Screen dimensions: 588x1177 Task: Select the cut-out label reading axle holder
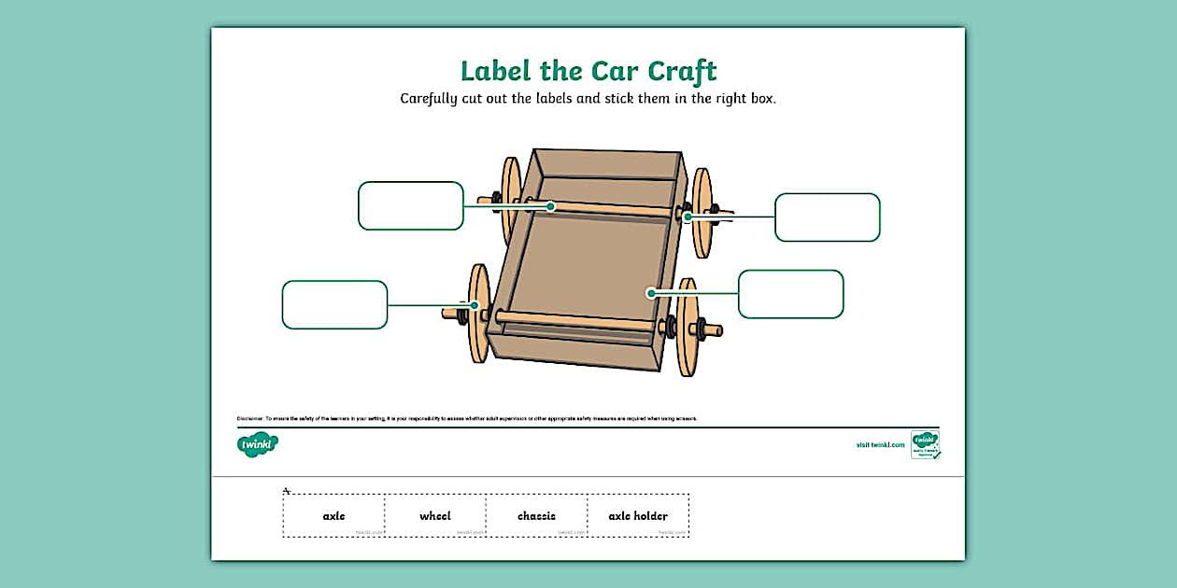click(x=638, y=516)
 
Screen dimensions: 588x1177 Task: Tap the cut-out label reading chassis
click(x=536, y=516)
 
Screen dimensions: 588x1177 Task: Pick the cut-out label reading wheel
click(x=434, y=516)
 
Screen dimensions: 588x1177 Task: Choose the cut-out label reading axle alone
click(x=333, y=516)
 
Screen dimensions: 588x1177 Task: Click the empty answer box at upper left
click(x=411, y=205)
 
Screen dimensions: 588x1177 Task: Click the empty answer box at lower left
click(x=334, y=304)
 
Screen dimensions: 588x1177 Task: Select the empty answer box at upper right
click(x=828, y=217)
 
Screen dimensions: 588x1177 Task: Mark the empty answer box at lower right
click(x=790, y=294)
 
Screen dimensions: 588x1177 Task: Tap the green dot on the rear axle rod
click(x=551, y=206)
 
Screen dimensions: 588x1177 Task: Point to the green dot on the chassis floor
click(x=651, y=293)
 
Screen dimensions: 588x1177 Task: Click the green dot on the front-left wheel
click(x=475, y=305)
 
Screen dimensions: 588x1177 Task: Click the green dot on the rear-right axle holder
click(x=688, y=217)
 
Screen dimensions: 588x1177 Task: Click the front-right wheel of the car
click(x=688, y=327)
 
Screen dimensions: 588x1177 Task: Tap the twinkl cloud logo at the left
click(x=258, y=445)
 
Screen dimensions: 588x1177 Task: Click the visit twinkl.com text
click(x=880, y=445)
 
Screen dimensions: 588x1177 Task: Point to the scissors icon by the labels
click(x=288, y=490)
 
